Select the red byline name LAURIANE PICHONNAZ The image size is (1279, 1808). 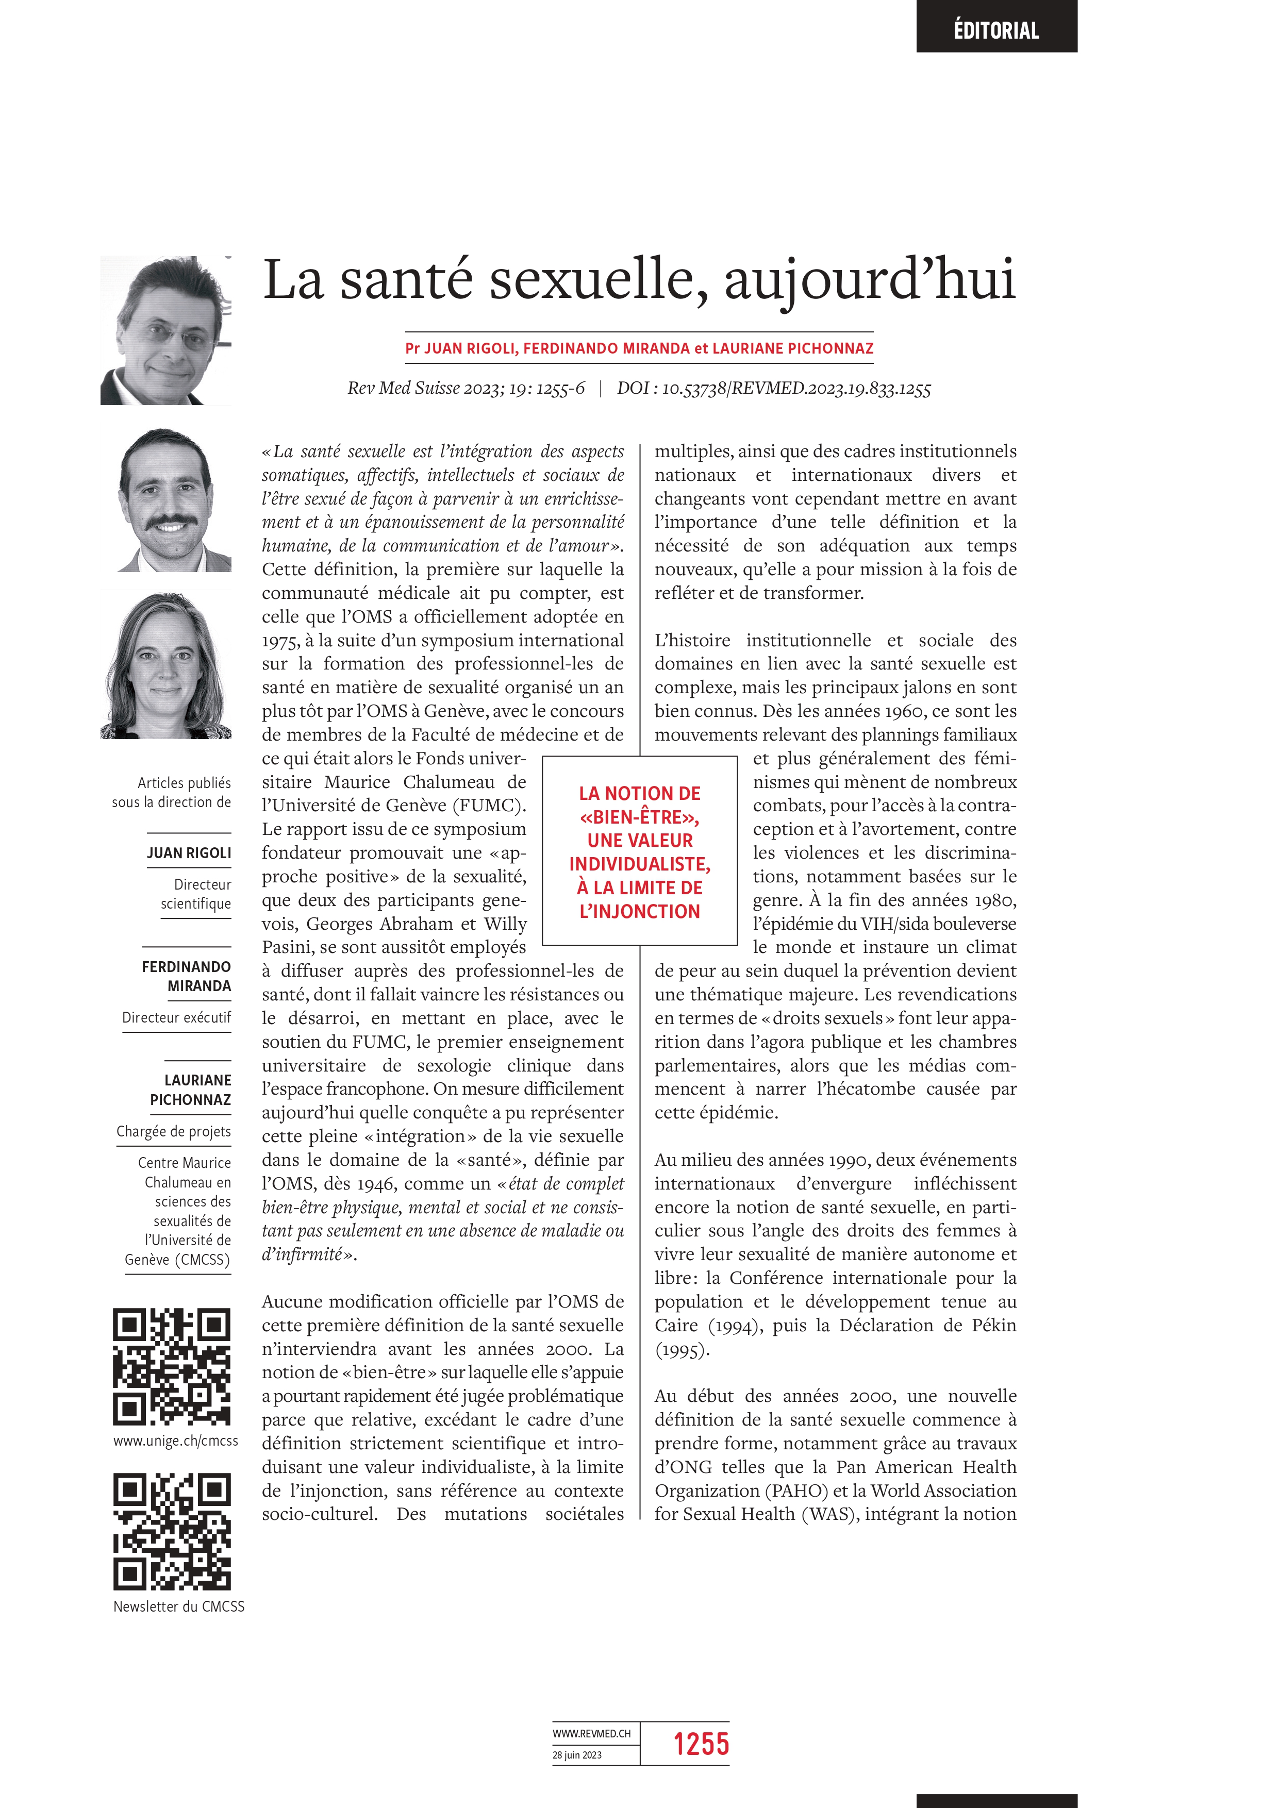(x=792, y=348)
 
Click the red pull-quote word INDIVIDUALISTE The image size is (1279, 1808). (x=639, y=865)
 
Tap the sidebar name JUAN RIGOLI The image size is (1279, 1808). (x=189, y=853)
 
